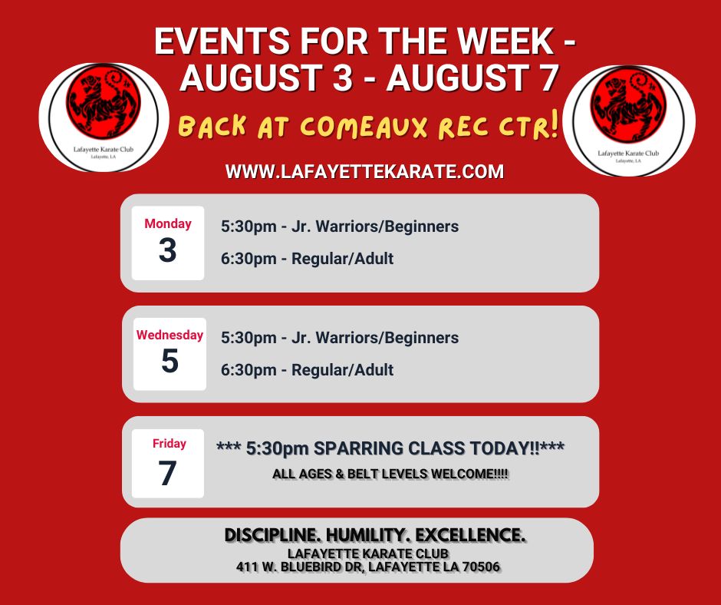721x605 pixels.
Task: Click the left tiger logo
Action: pyautogui.click(x=104, y=117)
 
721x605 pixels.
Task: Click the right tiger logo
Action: pyautogui.click(x=629, y=121)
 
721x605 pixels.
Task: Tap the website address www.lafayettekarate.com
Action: pyautogui.click(x=364, y=172)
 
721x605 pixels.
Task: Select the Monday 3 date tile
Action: pyautogui.click(x=168, y=243)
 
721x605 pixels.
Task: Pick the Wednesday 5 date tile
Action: pyautogui.click(x=170, y=354)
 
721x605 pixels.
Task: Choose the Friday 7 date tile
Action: pyautogui.click(x=168, y=463)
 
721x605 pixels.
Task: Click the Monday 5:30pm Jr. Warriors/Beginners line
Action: pyautogui.click(x=340, y=226)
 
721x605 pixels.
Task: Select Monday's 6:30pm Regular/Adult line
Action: pyautogui.click(x=307, y=259)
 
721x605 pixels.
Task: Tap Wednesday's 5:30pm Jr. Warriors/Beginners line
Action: pyautogui.click(x=340, y=338)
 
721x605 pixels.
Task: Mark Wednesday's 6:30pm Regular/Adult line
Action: pyautogui.click(x=307, y=370)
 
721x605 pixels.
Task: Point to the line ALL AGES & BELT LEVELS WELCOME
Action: pyautogui.click(x=390, y=474)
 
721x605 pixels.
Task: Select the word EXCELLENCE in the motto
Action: pyautogui.click(x=470, y=535)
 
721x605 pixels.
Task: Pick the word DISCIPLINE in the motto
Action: pyautogui.click(x=272, y=535)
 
